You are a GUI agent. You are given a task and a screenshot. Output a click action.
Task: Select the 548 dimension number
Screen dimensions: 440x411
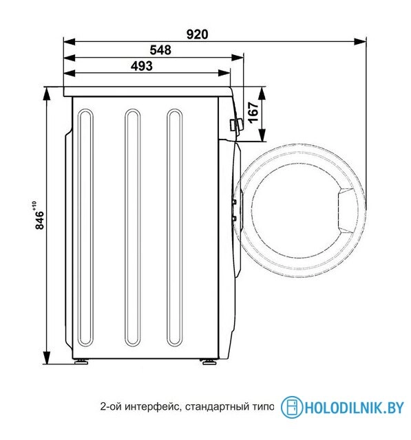tap(159, 49)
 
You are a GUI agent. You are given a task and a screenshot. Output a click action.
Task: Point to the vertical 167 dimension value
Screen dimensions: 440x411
tap(252, 111)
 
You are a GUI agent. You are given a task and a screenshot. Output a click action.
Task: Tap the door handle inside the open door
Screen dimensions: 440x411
tap(344, 210)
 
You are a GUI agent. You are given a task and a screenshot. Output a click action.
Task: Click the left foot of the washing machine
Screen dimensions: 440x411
tap(82, 360)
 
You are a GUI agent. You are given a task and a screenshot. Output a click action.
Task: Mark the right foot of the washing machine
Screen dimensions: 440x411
tap(206, 360)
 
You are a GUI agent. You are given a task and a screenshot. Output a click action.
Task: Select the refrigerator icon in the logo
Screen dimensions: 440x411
tap(292, 407)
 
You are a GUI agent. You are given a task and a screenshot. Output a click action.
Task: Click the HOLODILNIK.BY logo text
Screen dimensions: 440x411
tap(354, 408)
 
